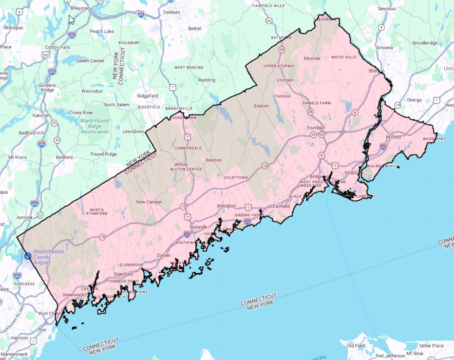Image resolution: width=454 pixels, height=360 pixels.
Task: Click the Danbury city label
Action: (172, 12)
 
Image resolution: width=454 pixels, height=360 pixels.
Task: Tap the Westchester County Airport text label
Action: (49, 257)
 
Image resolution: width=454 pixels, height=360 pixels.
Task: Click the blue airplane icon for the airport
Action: (27, 255)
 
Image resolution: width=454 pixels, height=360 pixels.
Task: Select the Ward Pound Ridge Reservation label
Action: (94, 126)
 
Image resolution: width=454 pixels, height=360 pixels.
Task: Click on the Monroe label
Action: (312, 59)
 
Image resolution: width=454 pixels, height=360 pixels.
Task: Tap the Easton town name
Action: (261, 106)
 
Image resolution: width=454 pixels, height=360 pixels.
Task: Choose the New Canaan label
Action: (148, 202)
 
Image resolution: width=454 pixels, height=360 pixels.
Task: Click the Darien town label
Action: (163, 255)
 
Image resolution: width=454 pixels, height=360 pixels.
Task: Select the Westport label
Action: (226, 205)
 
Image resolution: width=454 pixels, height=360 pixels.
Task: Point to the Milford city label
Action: (392, 137)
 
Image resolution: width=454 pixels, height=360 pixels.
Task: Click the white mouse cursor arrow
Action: (71, 20)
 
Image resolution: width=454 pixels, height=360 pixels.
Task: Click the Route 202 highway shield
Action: (47, 54)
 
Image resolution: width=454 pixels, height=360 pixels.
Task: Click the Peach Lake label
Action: (102, 31)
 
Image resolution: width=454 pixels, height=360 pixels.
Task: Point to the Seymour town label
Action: (388, 9)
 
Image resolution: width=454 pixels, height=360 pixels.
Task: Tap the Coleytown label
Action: (236, 178)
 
